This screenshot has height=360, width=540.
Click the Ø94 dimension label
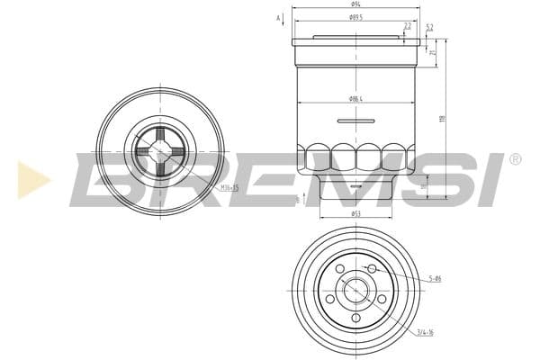355,4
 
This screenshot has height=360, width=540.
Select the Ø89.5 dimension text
355,17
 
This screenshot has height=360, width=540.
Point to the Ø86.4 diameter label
355,98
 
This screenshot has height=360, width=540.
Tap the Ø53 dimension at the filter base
355,214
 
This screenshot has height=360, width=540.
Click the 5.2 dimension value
429,26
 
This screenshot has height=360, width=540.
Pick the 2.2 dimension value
408,26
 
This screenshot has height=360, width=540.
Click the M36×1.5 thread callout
229,187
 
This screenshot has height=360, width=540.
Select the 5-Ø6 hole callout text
435,279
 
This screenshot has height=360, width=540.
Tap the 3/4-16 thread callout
425,333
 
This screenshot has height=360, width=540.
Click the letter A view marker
279,18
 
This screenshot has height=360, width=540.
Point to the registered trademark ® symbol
515,159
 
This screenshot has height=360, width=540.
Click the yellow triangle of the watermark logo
32,179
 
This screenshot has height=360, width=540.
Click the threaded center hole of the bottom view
355,291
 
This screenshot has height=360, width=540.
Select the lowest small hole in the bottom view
355,318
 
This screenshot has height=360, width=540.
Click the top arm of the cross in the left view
160,136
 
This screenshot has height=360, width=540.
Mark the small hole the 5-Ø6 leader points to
372,269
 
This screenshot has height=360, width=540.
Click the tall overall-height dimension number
442,119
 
